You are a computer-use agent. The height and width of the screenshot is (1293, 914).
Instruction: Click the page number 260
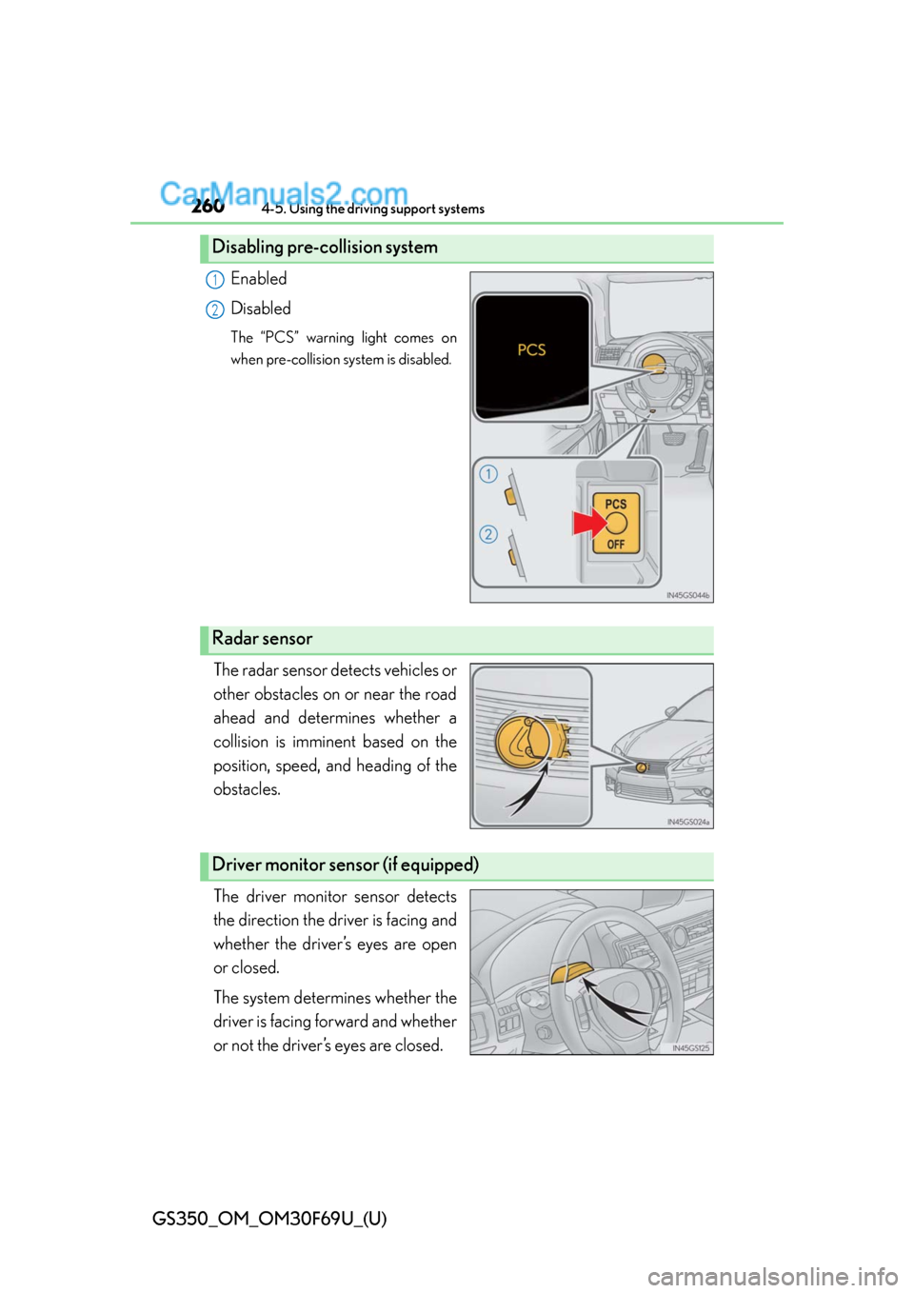[208, 207]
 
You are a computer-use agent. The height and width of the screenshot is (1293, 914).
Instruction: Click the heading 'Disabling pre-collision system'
[325, 248]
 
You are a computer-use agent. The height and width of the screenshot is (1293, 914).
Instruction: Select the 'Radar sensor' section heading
[262, 639]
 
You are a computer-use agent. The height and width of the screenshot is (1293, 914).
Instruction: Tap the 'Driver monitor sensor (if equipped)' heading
[345, 865]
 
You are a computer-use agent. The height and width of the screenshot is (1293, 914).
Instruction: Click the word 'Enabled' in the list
[258, 279]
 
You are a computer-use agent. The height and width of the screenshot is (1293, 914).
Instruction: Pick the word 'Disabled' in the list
[260, 308]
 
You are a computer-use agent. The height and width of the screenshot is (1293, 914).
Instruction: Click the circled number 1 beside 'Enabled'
[215, 280]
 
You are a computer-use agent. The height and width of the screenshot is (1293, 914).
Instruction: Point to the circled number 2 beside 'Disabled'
[215, 309]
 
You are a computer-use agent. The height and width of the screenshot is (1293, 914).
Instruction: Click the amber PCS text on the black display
[531, 350]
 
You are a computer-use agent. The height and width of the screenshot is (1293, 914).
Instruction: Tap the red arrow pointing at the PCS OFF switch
[588, 523]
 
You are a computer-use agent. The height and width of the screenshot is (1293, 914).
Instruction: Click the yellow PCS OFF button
[616, 524]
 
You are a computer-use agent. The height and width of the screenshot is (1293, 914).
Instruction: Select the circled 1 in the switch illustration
[488, 474]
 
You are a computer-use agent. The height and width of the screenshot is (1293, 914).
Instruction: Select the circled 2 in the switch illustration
[488, 534]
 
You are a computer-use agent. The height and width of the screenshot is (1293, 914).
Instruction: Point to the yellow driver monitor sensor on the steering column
[571, 972]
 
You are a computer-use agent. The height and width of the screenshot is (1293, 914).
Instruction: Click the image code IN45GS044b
[687, 596]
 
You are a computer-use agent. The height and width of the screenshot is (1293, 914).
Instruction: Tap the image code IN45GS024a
[687, 822]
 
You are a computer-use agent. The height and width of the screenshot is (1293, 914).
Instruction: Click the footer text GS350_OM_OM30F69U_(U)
[269, 1219]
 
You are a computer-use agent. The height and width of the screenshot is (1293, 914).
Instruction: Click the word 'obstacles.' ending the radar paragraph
[247, 789]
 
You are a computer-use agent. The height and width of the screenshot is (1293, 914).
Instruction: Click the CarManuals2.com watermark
[284, 193]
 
